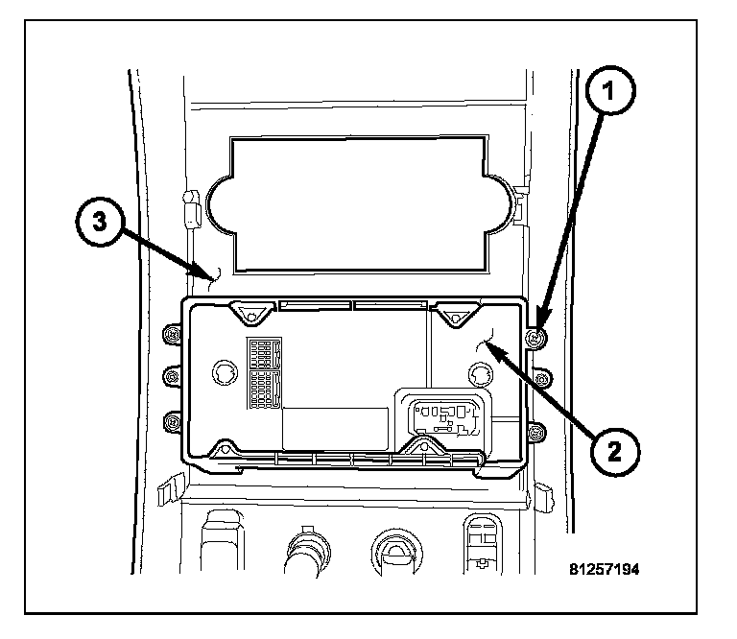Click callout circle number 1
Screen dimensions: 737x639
[610, 90]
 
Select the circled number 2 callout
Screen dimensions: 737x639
[614, 452]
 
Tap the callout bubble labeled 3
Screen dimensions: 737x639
[100, 222]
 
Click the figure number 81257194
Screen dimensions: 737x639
[604, 570]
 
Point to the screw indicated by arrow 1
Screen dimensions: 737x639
[535, 337]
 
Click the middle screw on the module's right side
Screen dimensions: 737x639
[541, 378]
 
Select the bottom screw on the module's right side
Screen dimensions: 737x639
[535, 433]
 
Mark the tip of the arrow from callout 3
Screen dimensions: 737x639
[210, 277]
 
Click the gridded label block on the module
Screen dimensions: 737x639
[264, 372]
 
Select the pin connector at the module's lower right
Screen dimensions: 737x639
[445, 416]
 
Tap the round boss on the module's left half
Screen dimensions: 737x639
[226, 372]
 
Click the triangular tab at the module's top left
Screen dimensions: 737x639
[251, 313]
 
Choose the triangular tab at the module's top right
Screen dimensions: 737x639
[456, 315]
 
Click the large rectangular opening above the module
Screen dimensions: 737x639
[359, 205]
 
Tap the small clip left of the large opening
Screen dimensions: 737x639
[191, 209]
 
